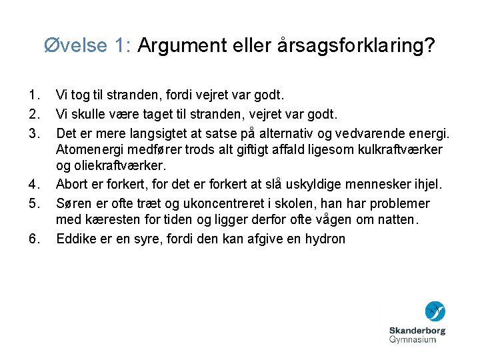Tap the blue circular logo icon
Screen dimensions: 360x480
coord(435,312)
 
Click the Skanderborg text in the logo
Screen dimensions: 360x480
coord(417,330)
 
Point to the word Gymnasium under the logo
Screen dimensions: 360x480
coord(413,340)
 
